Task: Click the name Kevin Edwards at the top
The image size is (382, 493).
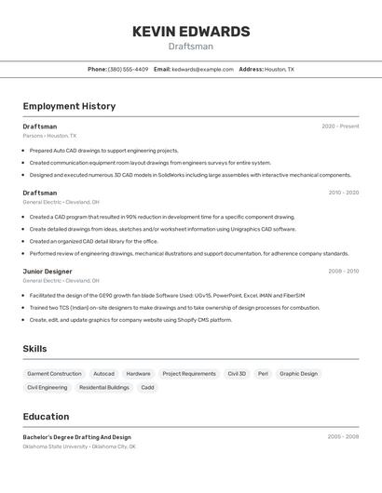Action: tap(191, 32)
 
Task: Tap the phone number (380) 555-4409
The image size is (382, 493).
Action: tap(128, 69)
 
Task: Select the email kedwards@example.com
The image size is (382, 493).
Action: tap(202, 69)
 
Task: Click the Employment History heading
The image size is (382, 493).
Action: tap(69, 106)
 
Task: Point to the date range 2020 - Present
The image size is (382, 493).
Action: tap(340, 127)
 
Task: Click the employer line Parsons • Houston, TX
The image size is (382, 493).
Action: tap(49, 136)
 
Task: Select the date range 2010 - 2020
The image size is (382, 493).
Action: tap(343, 193)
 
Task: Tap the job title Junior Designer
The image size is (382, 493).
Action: tap(47, 271)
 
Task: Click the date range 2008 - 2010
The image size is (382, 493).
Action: tap(343, 271)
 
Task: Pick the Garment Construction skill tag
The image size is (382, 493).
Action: tap(54, 374)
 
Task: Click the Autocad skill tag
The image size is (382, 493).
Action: tap(104, 374)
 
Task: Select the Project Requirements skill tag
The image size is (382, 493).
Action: tap(189, 374)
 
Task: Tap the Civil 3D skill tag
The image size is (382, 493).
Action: tap(237, 374)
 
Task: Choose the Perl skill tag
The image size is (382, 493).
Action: tap(263, 374)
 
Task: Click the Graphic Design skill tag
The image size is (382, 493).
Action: tap(298, 374)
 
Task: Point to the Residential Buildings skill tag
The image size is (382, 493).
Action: tap(104, 387)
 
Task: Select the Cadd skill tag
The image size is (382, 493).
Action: tap(147, 387)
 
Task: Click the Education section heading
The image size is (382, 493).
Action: tap(46, 417)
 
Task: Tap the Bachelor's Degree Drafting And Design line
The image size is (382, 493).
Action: tap(76, 436)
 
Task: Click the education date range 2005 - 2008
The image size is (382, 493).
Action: tap(343, 436)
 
